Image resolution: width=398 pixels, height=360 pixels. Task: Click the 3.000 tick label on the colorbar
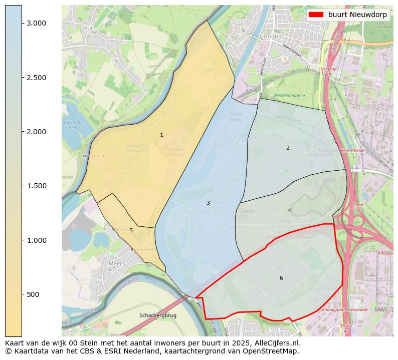pyautogui.click(x=36, y=23)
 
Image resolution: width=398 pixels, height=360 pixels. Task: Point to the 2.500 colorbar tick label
pyautogui.click(x=36, y=78)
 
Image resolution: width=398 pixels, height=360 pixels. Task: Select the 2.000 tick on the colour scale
pyautogui.click(x=36, y=132)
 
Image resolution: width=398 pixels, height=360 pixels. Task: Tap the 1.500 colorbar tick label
pyautogui.click(x=36, y=186)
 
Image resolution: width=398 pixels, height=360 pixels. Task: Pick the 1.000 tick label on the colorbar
pyautogui.click(x=36, y=240)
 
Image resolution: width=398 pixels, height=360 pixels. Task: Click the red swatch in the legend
pyautogui.click(x=316, y=15)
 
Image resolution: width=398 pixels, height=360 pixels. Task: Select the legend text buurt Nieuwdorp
pyautogui.click(x=357, y=15)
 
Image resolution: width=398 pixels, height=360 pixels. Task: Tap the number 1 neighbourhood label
pyautogui.click(x=161, y=135)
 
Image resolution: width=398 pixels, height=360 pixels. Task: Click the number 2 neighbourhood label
pyautogui.click(x=288, y=148)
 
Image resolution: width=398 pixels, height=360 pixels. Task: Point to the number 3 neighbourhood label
pyautogui.click(x=208, y=203)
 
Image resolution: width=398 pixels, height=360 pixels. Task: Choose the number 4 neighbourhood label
pyautogui.click(x=289, y=210)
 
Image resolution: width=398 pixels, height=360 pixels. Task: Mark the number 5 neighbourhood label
pyautogui.click(x=131, y=230)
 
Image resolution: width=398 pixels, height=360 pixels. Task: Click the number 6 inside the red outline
pyautogui.click(x=281, y=278)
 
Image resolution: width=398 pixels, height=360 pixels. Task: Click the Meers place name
pyautogui.click(x=116, y=263)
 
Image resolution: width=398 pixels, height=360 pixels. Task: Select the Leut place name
pyautogui.click(x=87, y=29)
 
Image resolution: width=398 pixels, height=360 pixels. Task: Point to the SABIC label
pyautogui.click(x=380, y=309)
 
